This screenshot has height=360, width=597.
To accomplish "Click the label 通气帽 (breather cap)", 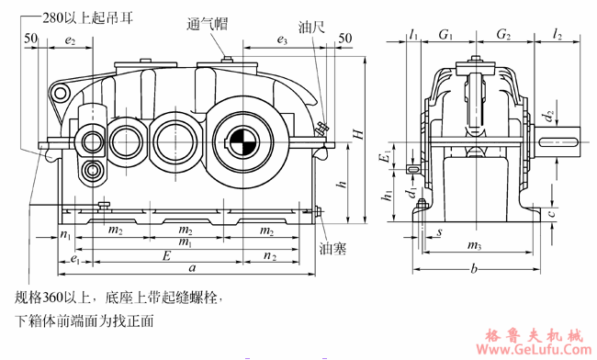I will point(207,26).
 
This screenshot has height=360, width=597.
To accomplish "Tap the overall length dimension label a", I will point(191,268).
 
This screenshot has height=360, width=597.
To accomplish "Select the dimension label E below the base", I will point(165,254).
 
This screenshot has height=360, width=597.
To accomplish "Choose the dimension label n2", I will point(269,254).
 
